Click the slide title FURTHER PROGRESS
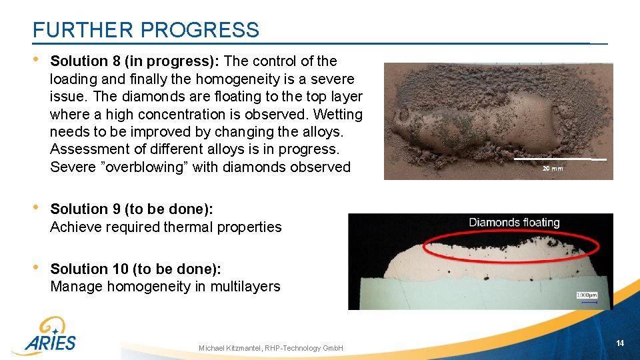point(145,30)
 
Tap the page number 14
point(620,343)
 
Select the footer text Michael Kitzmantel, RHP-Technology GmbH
point(271,349)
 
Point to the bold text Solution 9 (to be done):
point(131,209)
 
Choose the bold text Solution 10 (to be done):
point(135,269)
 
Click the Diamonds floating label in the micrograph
point(514,223)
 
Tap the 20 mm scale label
point(552,169)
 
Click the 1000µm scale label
point(587,295)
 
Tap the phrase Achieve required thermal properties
point(166,227)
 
